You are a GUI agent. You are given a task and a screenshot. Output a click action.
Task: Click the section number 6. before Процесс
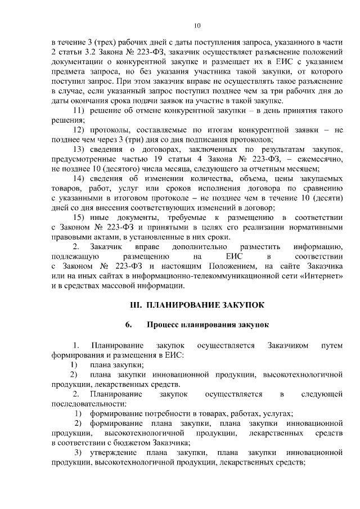coord(129,325)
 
